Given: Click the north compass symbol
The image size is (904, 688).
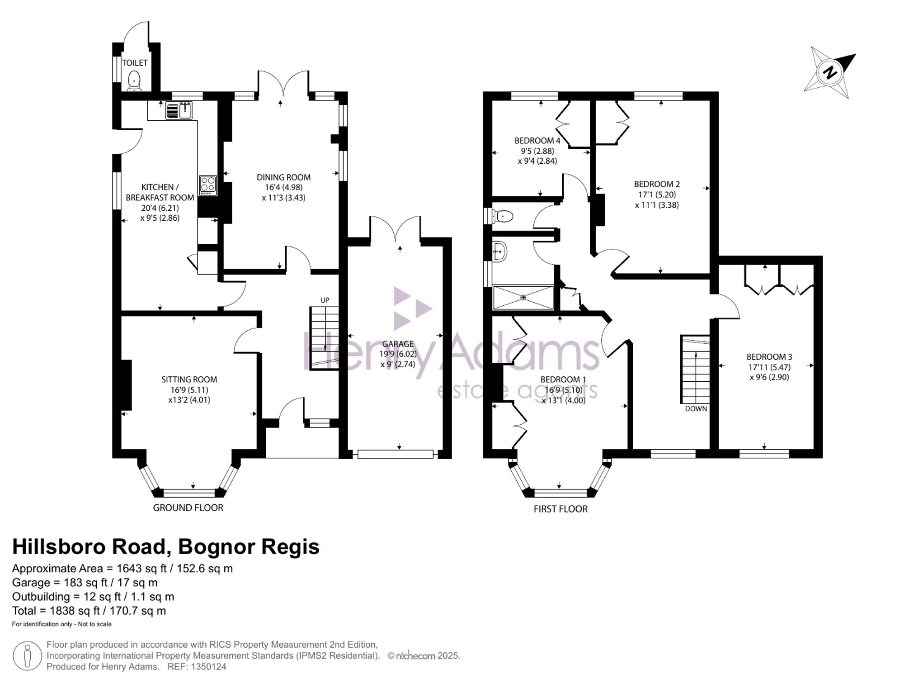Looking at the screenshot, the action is (830, 73).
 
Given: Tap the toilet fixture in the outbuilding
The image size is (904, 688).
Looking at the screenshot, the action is (134, 81).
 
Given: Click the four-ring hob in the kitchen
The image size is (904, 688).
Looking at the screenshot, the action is (208, 185).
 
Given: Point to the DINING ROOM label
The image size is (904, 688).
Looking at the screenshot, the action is (284, 177).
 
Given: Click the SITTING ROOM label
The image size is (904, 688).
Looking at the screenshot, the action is (189, 380).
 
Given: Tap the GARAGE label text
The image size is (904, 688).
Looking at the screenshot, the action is (398, 344).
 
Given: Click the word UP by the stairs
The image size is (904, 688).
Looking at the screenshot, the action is (325, 300).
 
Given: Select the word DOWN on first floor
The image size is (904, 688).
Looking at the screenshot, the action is (696, 408).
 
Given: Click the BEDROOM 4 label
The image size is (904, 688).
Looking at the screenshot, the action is (537, 141).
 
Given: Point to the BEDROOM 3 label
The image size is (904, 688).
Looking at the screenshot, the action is (769, 356).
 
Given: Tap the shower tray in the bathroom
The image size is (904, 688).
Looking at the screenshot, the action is (523, 297).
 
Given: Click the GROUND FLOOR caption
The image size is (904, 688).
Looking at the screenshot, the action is (188, 508).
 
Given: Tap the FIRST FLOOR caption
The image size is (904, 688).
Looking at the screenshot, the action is (560, 509).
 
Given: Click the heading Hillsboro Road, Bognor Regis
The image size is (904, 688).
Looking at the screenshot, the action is (166, 546).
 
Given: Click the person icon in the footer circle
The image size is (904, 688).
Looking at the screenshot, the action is (28, 655).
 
